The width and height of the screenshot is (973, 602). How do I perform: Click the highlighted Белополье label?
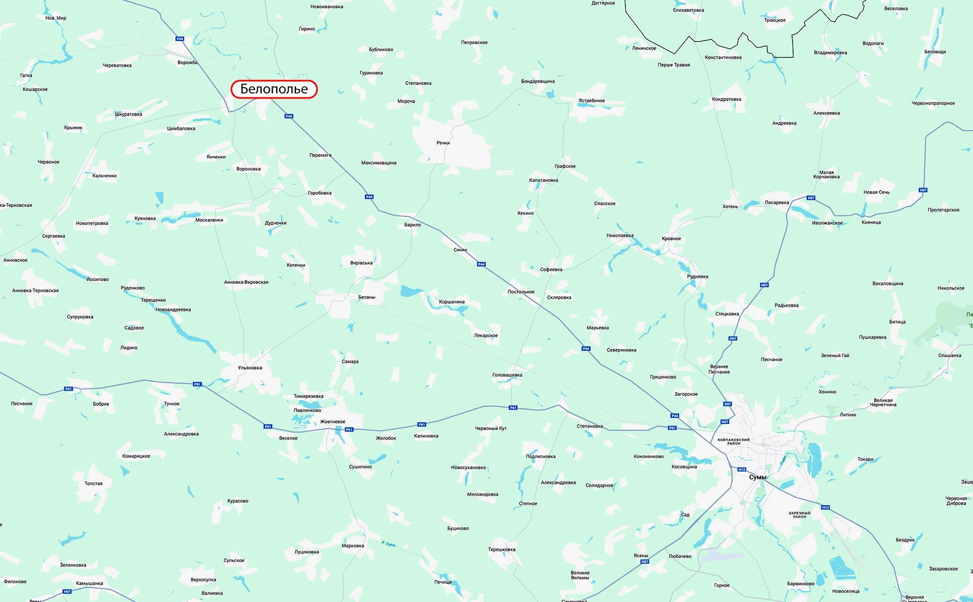(x=274, y=89)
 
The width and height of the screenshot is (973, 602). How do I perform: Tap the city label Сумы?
(x=758, y=477)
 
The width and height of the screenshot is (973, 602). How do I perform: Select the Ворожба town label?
(x=188, y=63)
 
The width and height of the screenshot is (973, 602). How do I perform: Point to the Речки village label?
(x=443, y=143)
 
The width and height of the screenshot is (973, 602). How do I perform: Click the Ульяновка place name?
(x=250, y=368)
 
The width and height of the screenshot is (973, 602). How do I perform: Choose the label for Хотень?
(x=730, y=206)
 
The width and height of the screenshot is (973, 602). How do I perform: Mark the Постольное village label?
(x=521, y=292)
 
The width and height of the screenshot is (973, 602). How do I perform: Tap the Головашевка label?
(x=507, y=375)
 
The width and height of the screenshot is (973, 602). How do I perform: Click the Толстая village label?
(x=93, y=484)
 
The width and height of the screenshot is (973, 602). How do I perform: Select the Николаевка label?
(x=620, y=236)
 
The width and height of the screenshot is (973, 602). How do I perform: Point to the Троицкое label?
(x=775, y=20)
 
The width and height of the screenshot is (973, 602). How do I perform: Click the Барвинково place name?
(x=801, y=584)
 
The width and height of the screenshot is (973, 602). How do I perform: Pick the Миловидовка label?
(x=482, y=494)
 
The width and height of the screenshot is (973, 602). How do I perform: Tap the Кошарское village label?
(x=35, y=90)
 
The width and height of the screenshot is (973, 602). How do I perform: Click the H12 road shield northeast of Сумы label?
(x=826, y=507)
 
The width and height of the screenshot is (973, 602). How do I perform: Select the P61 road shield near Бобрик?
(x=68, y=389)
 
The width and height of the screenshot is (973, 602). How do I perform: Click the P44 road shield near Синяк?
(x=481, y=264)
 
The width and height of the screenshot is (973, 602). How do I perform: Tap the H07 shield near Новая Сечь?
(x=923, y=190)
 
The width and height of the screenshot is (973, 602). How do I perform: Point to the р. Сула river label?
(x=388, y=544)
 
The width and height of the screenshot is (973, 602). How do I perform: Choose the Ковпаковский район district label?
(x=733, y=442)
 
